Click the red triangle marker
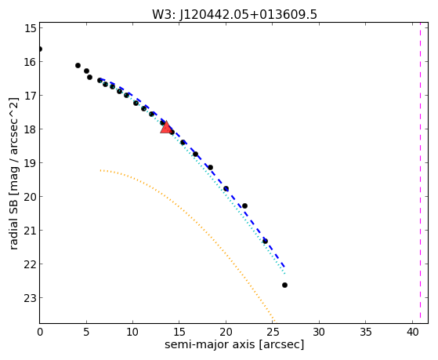click(x=166, y=128)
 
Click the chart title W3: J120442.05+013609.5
click(x=234, y=14)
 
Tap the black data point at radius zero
click(x=40, y=49)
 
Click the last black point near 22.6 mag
click(x=284, y=285)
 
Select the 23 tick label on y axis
click(x=30, y=298)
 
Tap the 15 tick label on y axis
click(x=30, y=28)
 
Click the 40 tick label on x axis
click(x=413, y=332)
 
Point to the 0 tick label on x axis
click(x=40, y=332)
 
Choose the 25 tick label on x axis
click(x=273, y=332)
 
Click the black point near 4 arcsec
click(x=78, y=65)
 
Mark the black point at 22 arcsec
click(x=244, y=205)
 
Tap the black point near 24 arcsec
click(x=265, y=241)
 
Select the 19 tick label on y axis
click(x=30, y=163)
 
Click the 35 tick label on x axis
click(x=366, y=332)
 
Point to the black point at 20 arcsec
click(x=226, y=188)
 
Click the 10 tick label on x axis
click(x=133, y=332)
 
